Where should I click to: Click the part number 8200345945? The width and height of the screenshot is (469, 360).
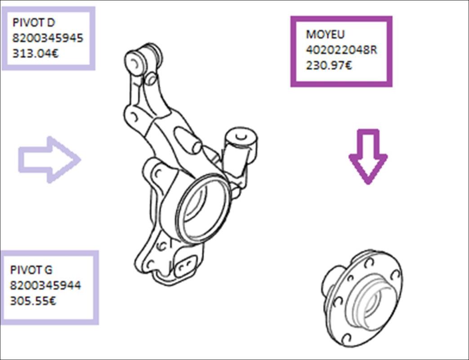click(48, 38)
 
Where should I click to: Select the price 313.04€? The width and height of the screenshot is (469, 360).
click(35, 54)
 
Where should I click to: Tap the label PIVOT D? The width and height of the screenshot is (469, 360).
click(34, 22)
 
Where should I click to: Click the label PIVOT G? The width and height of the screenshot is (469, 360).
click(31, 270)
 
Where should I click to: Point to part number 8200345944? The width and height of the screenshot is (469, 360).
click(45, 285)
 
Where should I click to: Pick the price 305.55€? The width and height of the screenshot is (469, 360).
click(33, 301)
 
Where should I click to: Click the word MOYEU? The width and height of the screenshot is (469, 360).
click(325, 34)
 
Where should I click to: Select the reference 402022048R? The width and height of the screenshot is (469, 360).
click(341, 49)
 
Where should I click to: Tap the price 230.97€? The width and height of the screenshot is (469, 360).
click(329, 65)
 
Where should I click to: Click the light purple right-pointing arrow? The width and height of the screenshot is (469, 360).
click(49, 159)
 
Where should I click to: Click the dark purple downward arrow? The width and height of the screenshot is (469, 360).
click(368, 157)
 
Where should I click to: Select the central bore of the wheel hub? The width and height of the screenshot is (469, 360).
click(373, 299)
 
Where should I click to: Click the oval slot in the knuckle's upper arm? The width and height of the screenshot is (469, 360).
click(188, 140)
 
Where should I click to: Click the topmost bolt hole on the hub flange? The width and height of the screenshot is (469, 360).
click(369, 263)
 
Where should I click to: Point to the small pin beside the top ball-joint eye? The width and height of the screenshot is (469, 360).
click(151, 78)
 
